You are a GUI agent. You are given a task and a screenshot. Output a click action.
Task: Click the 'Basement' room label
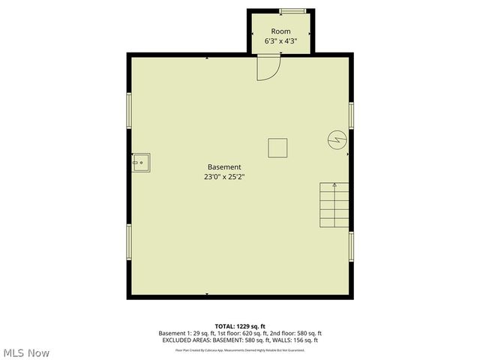point(224,166)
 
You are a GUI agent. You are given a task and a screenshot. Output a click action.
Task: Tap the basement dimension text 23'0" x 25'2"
point(224,177)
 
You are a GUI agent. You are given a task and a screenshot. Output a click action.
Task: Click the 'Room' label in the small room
point(280,31)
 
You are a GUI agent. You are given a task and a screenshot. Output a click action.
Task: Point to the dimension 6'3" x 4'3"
point(280,42)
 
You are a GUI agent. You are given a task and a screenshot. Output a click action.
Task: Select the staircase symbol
point(334,205)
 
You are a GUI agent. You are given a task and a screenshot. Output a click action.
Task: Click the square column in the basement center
point(278,148)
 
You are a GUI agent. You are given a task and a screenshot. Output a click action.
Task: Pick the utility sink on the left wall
point(140,161)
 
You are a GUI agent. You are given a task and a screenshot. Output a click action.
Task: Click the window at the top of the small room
point(292,11)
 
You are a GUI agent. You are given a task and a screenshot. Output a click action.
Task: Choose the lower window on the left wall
point(129,244)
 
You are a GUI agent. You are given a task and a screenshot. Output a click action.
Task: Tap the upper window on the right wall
point(351,115)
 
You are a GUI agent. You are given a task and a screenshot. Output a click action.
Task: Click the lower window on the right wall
point(351,246)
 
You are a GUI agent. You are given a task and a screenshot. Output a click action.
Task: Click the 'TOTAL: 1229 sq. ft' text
point(239,326)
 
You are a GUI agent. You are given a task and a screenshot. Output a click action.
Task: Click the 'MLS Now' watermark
point(27,352)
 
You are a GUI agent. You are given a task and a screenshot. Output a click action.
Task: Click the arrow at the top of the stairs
point(334,184)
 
